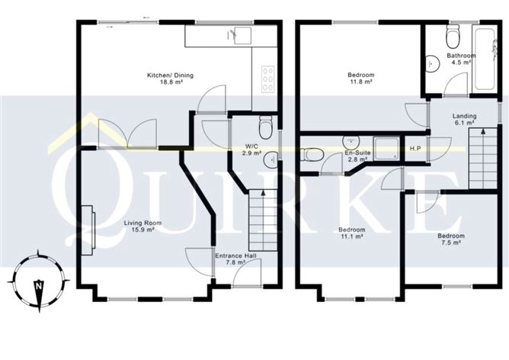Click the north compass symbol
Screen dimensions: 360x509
point(37,285)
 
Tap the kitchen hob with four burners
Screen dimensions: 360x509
point(269,76)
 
